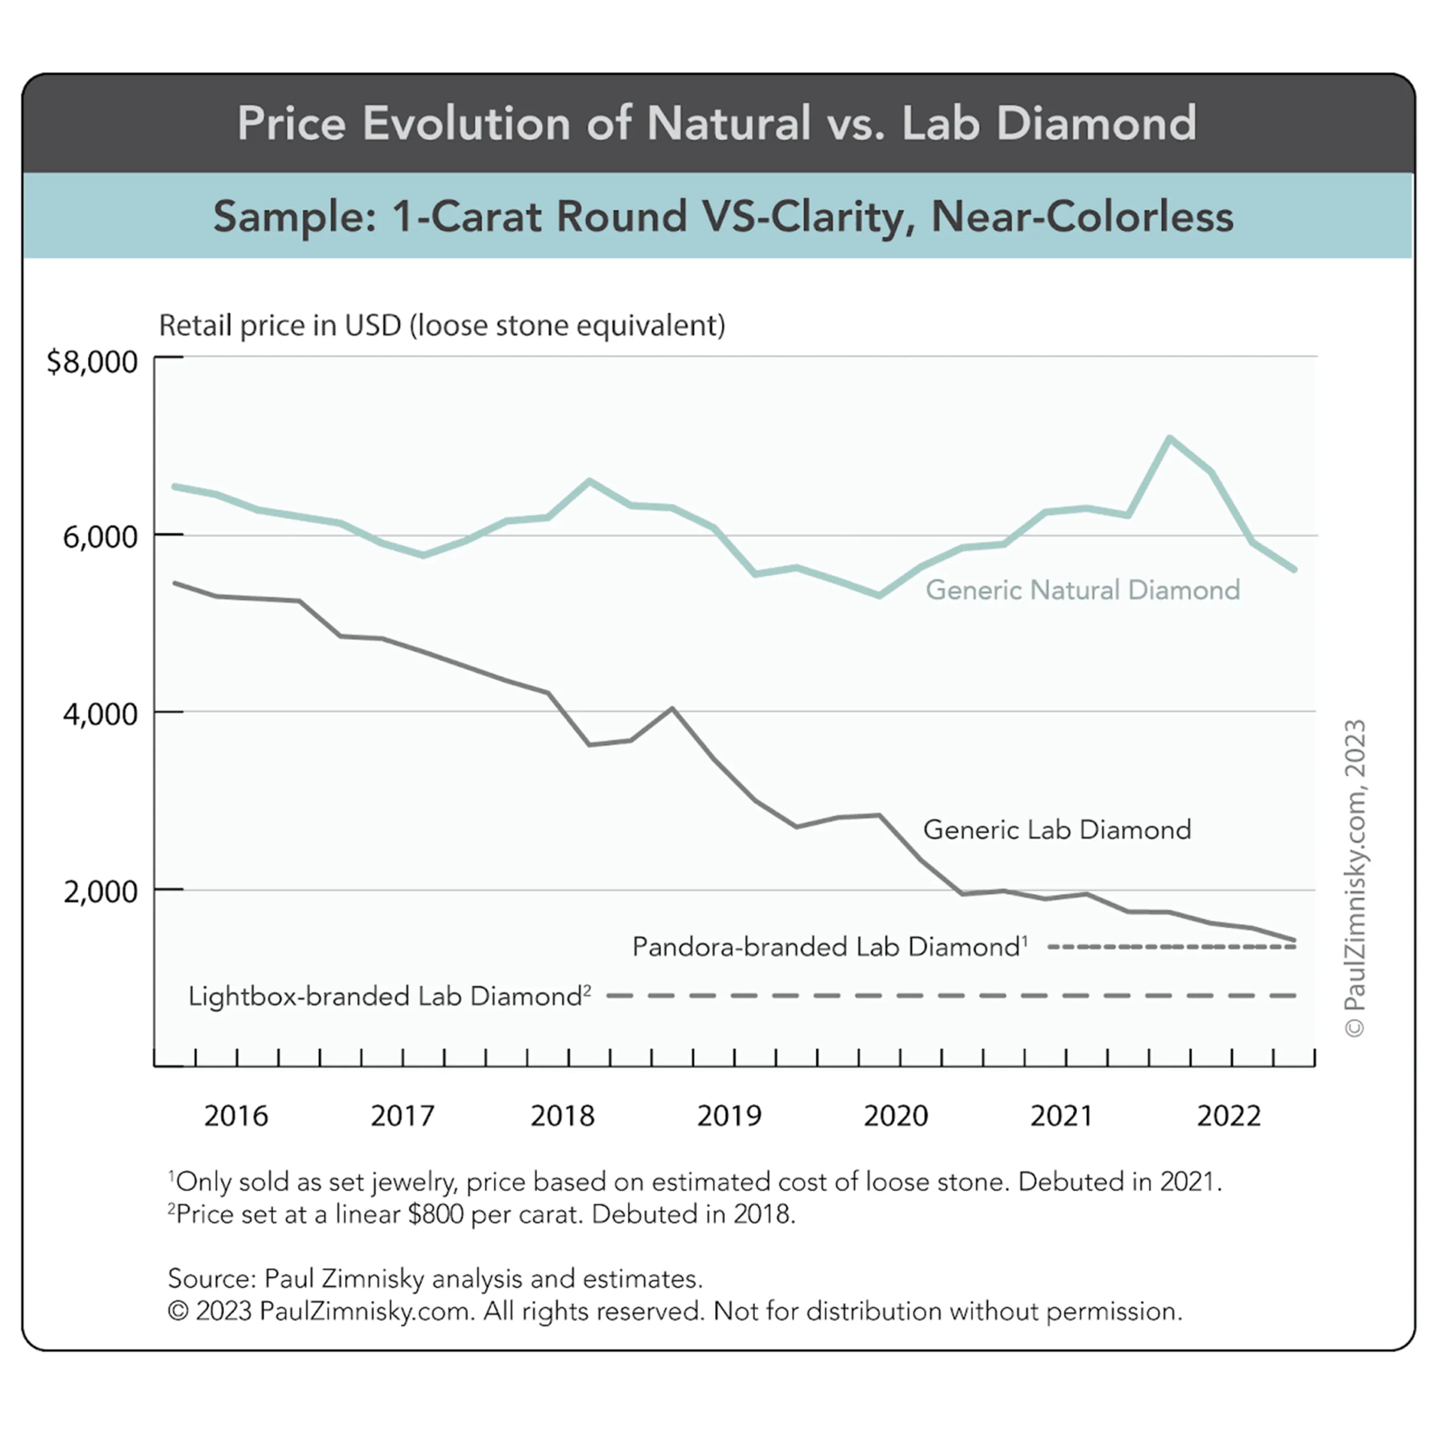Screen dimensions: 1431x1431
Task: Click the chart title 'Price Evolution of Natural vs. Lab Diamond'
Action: click(x=716, y=122)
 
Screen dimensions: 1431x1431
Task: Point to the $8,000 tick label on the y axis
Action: click(x=92, y=362)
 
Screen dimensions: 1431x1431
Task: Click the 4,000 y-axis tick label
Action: click(x=100, y=714)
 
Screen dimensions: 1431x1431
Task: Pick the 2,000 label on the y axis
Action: click(x=100, y=892)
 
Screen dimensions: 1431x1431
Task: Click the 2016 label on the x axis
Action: click(x=235, y=1116)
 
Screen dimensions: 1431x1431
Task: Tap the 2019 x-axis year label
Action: click(x=729, y=1116)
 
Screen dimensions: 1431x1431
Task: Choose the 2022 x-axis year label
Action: click(x=1229, y=1116)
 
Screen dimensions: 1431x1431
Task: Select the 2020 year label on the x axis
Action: click(x=895, y=1116)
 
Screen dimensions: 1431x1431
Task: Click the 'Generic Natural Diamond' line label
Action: click(x=1083, y=590)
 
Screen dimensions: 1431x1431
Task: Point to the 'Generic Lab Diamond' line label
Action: click(x=1057, y=830)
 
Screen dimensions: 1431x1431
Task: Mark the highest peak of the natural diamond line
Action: click(x=1169, y=438)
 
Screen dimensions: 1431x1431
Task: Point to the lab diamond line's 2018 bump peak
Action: click(x=672, y=708)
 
